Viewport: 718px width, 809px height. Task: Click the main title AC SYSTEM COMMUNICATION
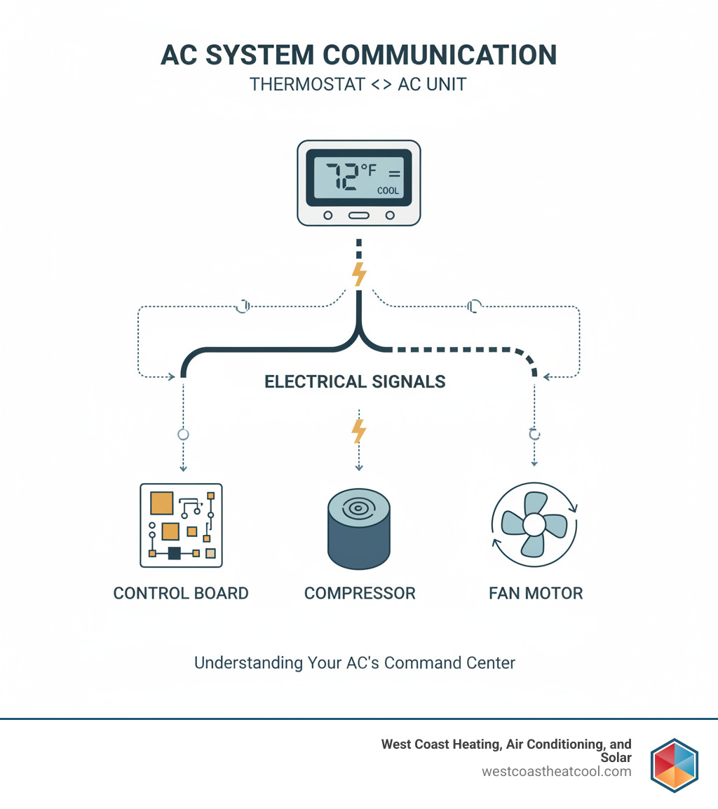point(358,55)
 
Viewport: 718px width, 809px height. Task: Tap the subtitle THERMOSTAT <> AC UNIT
point(358,85)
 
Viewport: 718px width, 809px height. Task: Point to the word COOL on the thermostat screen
point(388,190)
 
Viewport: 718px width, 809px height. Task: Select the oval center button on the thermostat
point(358,215)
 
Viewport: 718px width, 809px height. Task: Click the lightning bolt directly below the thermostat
point(359,274)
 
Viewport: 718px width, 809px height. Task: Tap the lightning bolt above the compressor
point(358,430)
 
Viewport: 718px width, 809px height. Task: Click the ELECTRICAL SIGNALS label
point(355,382)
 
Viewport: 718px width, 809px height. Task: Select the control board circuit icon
point(181,524)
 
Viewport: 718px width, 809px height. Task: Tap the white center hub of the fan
point(534,524)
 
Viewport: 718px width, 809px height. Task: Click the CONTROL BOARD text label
point(181,593)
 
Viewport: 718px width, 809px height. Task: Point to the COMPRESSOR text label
point(360,593)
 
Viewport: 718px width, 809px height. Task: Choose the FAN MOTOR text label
point(536,593)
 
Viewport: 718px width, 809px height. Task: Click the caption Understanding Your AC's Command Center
point(355,662)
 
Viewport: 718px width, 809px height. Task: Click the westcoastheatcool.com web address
point(556,771)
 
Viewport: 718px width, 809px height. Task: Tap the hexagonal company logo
point(673,765)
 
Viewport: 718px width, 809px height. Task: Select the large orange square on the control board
point(161,503)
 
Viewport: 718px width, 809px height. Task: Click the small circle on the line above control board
point(183,435)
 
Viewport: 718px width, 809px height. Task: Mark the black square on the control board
point(174,553)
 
